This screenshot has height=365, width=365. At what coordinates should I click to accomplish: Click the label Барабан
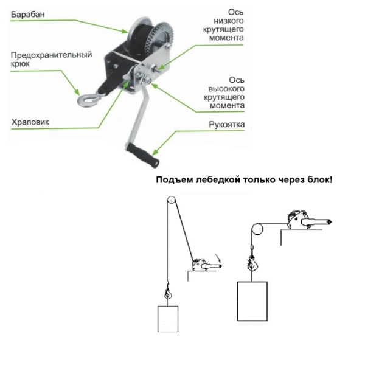[28, 15]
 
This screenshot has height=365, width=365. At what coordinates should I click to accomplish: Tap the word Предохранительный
[51, 55]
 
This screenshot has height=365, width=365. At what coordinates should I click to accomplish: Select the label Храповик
[30, 122]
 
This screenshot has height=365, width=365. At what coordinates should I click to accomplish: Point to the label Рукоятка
[227, 125]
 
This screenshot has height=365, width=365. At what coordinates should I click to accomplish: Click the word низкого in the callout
[229, 21]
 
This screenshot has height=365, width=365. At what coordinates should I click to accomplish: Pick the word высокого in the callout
[226, 89]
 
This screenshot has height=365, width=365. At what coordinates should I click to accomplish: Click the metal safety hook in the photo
[89, 100]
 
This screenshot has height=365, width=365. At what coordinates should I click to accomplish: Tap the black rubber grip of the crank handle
[142, 155]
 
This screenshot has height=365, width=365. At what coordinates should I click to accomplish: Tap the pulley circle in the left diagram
[171, 200]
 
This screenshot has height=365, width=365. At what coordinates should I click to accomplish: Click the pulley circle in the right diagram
[257, 229]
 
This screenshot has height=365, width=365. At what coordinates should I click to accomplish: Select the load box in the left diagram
[168, 319]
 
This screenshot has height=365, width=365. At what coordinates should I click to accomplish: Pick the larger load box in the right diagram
[252, 301]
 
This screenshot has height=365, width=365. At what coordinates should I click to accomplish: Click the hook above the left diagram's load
[168, 294]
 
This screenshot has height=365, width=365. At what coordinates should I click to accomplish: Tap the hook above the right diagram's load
[252, 263]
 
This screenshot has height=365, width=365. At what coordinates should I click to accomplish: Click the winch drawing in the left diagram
[206, 265]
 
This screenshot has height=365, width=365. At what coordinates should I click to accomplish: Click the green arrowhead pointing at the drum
[125, 31]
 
